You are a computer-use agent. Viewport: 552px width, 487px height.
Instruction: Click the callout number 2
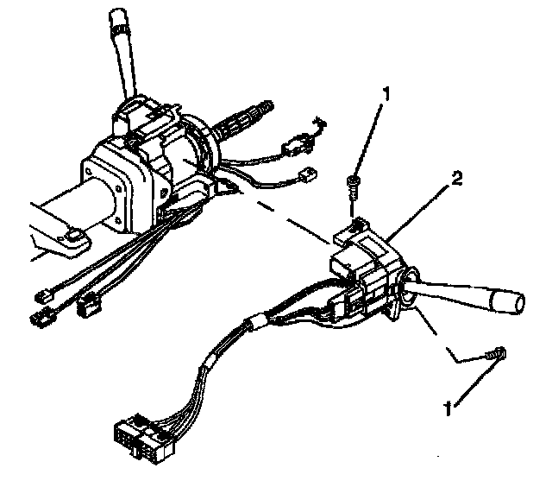457,179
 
